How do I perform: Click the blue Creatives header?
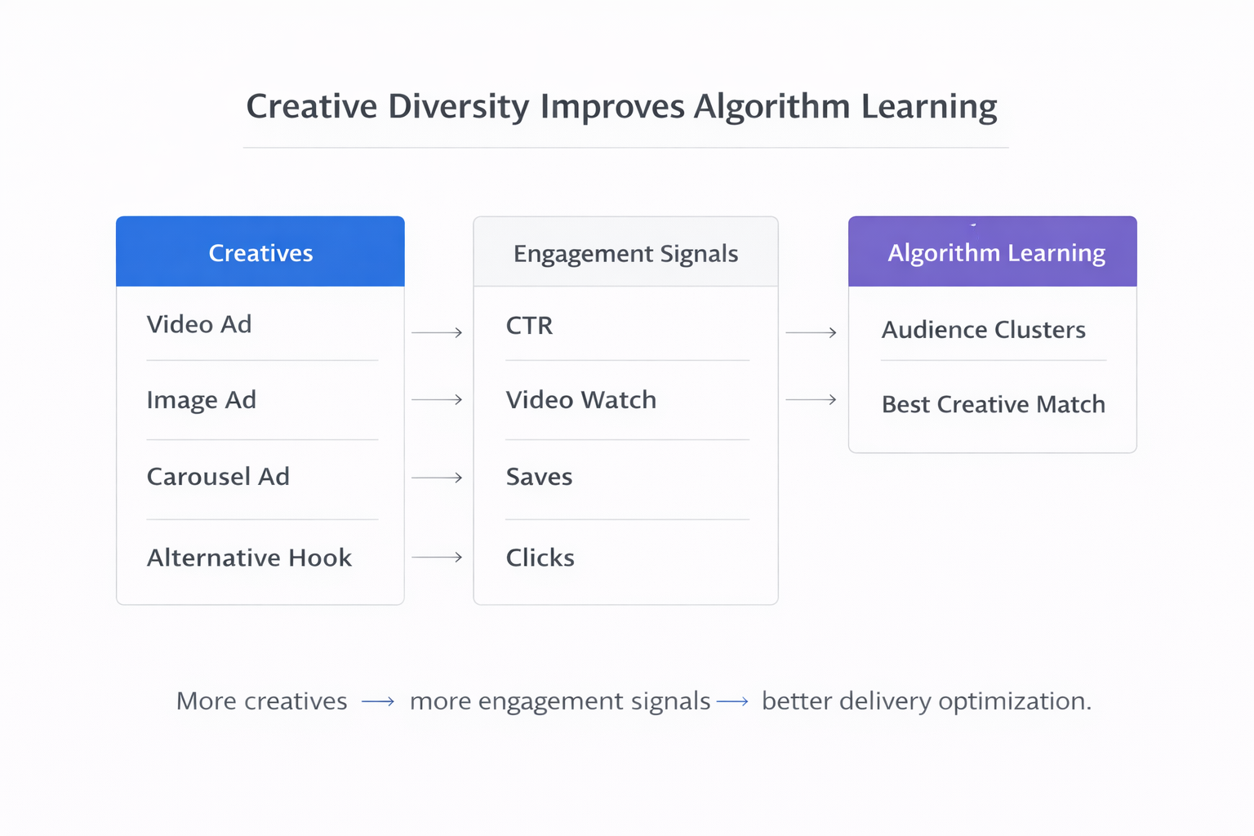(x=260, y=252)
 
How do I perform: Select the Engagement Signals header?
(x=625, y=253)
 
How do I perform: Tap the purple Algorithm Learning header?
(x=996, y=252)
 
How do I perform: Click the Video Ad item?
(x=199, y=324)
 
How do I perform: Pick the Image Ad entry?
(x=201, y=400)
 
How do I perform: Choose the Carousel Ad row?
(x=218, y=476)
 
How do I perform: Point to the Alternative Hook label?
(x=249, y=558)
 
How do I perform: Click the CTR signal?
(x=529, y=326)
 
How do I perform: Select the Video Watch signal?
(x=580, y=400)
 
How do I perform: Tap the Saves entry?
(x=539, y=477)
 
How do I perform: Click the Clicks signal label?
(x=540, y=558)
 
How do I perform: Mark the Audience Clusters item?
(x=983, y=330)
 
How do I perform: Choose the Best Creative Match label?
(x=993, y=404)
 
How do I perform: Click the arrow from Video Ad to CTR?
(x=437, y=332)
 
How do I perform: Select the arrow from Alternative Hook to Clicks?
(x=437, y=558)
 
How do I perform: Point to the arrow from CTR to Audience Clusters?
(x=811, y=332)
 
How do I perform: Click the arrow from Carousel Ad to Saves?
(x=437, y=477)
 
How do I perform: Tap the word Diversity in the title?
(x=458, y=107)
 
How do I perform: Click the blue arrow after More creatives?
(x=378, y=701)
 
